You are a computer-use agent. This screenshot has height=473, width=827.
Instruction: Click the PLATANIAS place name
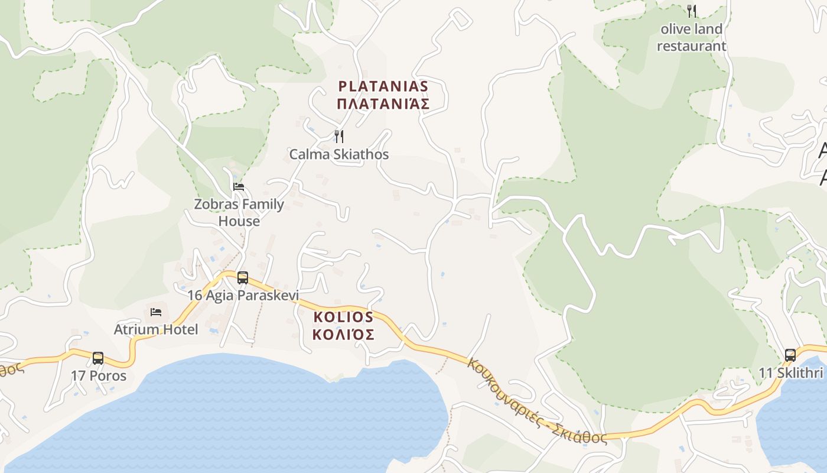tap(383, 86)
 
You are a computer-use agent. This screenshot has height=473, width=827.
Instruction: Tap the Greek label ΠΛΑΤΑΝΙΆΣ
tap(383, 104)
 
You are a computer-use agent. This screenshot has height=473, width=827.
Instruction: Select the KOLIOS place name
tap(343, 317)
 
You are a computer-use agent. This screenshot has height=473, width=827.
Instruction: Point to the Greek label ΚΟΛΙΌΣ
tap(343, 335)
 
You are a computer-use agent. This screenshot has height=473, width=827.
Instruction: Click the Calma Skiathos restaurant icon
tap(339, 137)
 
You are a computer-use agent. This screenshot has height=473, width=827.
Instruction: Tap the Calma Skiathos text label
tap(339, 154)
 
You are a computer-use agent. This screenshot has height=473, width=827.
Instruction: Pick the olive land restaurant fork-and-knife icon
tap(692, 11)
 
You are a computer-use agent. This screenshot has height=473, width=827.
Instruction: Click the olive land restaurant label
tap(691, 37)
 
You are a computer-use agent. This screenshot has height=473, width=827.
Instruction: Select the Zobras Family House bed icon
tap(239, 187)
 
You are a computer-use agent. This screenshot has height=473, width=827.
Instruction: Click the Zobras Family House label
tap(239, 212)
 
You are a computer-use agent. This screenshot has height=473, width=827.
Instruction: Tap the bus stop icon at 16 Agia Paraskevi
tap(242, 277)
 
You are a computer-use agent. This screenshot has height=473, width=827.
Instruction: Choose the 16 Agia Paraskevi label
tap(243, 295)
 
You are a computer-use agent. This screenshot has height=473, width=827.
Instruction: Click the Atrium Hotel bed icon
tap(156, 312)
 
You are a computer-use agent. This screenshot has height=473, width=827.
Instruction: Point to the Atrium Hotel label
tap(156, 329)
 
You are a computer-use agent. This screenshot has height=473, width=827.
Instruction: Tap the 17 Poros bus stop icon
tap(98, 358)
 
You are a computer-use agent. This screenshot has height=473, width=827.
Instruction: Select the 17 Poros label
tap(99, 375)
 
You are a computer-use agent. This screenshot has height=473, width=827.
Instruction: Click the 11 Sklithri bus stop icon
tap(790, 355)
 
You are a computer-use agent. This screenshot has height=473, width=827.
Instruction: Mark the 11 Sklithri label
tap(791, 373)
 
